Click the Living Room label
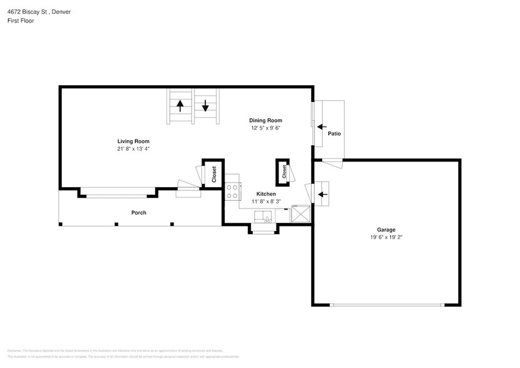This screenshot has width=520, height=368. point(133,141)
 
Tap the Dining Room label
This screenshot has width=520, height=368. point(265,120)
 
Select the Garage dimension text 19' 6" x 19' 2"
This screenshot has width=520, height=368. point(385,238)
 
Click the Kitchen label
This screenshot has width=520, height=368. point(266,194)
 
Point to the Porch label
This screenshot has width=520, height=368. point(138,213)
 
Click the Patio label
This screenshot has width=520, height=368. point(334,133)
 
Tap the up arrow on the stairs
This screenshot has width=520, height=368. point(180,106)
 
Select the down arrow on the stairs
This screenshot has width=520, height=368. point(205,106)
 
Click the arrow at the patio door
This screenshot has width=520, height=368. point(322,126)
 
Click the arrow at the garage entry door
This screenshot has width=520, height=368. point(322,194)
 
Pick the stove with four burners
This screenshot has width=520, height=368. point(232,191)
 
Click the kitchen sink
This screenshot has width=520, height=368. point(263,217)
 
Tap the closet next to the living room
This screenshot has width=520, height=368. point(213,173)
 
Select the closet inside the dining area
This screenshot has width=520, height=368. point(283,171)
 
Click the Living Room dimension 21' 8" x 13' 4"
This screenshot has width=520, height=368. point(133,149)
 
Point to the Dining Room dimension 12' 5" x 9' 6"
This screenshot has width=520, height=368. point(265,128)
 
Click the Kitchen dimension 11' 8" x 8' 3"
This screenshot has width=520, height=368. point(266,202)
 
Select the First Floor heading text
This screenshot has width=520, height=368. point(21,21)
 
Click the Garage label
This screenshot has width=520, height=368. point(385,230)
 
